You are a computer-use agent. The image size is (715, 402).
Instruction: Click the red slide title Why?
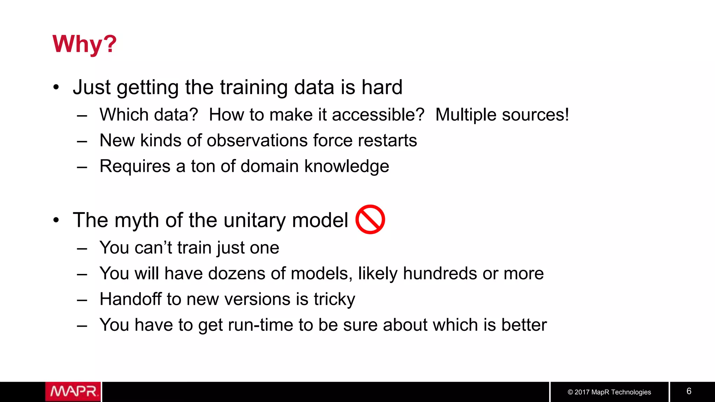click(84, 44)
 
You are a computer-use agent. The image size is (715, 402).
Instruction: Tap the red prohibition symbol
click(370, 219)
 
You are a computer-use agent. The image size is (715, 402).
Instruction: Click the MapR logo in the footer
click(73, 392)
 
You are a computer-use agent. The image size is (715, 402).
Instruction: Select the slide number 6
click(689, 391)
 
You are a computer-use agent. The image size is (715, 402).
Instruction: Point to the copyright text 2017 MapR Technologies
click(609, 392)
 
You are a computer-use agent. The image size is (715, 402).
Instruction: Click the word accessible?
click(378, 115)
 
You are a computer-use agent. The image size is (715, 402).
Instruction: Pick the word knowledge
click(346, 166)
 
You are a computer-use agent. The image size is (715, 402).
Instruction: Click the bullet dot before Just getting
click(56, 87)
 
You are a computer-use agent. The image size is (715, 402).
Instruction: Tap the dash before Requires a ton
click(82, 167)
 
